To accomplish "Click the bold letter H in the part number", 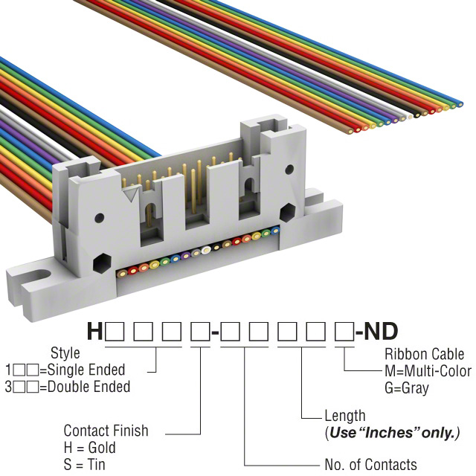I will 95,331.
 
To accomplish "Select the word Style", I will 65,353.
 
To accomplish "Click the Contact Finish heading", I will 106,431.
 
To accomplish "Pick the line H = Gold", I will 89,448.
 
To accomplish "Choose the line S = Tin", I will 84,464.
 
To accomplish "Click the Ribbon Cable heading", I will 422,354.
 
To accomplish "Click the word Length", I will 344,416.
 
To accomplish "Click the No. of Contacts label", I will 370,465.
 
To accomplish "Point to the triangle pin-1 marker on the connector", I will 133,193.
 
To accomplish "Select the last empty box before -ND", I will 344,331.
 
